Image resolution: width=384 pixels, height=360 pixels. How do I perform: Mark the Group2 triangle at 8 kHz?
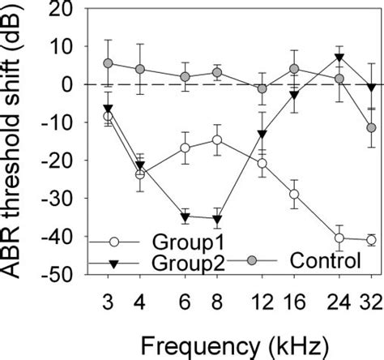tap(217, 219)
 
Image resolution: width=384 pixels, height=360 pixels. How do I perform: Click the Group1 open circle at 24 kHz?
tap(339, 238)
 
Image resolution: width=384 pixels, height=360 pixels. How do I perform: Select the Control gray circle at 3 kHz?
tap(108, 63)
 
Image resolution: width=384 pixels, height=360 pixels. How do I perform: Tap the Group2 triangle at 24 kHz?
tap(339, 58)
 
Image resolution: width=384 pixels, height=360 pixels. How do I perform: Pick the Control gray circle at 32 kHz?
tap(371, 128)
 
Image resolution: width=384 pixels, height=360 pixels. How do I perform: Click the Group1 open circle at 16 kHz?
tap(294, 194)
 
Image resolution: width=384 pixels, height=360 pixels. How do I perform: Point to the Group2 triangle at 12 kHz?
tap(262, 135)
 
